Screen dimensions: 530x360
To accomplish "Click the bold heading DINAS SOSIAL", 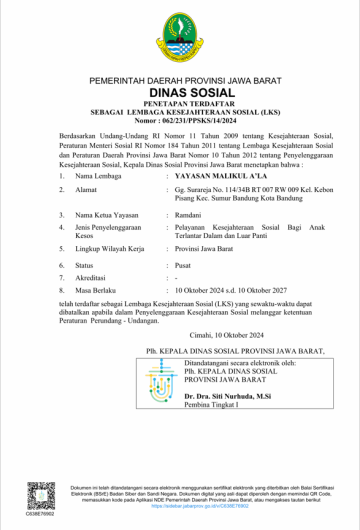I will click(x=180, y=89).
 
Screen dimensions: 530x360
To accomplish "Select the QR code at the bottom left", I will click(x=41, y=494).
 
